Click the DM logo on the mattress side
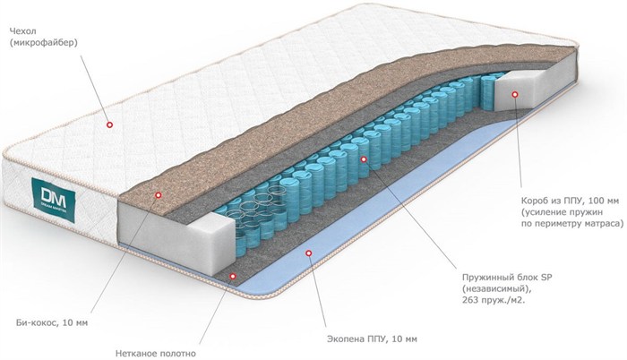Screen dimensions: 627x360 pos(54,198)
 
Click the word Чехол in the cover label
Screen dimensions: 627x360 pos(21,31)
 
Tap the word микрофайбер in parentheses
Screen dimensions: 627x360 pos(44,43)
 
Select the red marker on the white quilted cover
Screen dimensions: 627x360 pos(109,124)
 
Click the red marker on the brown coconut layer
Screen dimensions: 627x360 pos(159,195)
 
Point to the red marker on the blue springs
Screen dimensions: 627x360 pos(364,159)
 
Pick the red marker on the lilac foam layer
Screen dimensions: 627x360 pos(308,253)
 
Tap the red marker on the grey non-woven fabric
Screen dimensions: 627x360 pos(233,276)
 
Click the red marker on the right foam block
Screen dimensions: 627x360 pos(515,94)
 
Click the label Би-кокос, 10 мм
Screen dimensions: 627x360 pos(52,322)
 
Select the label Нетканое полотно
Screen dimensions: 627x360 pos(156,354)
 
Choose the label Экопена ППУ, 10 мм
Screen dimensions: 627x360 pos(372,339)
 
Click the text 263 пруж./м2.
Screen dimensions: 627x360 pos(494,300)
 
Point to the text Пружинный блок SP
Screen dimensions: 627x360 pos(507,277)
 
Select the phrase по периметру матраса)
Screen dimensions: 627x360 pos(572,223)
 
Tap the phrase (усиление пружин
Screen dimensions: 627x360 pos(562,211)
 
